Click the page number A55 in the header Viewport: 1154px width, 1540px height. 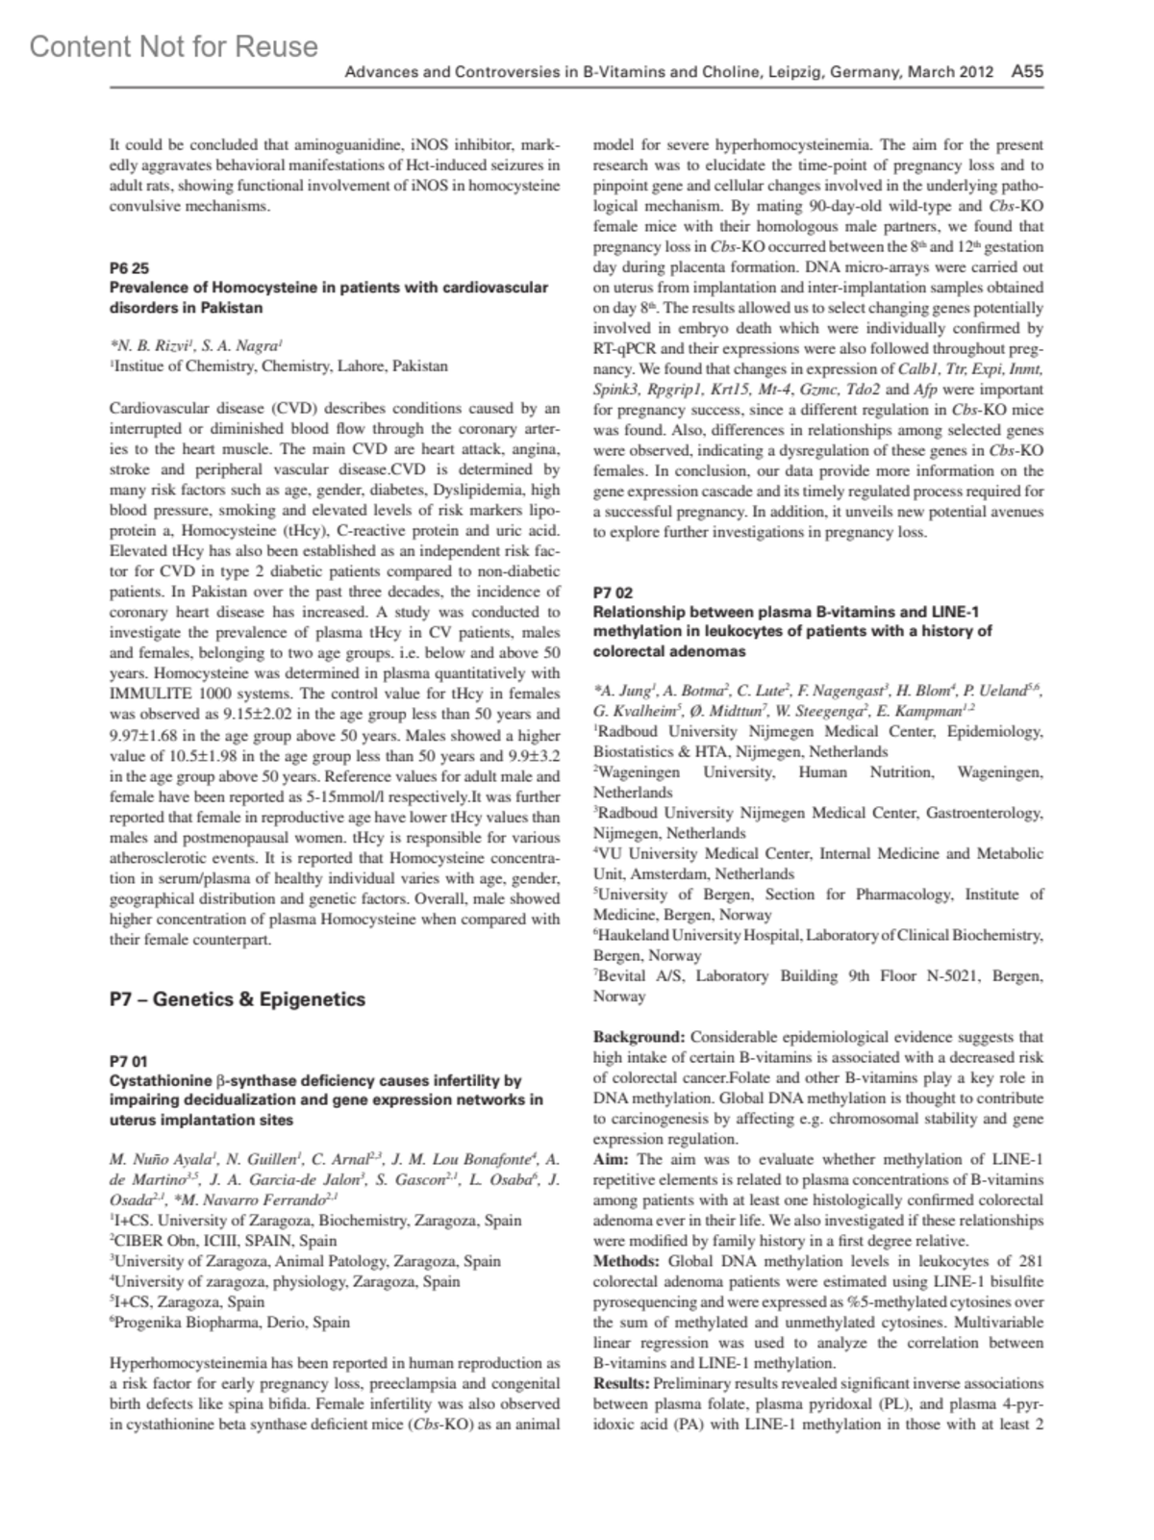[1027, 71]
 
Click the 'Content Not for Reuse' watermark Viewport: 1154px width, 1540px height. [173, 46]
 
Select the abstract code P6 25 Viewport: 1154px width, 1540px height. [129, 267]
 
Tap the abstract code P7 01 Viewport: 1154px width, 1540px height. [129, 1061]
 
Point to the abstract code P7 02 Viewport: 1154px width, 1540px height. [613, 593]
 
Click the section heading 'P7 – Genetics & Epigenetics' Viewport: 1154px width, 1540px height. [238, 999]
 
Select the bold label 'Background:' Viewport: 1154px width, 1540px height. [639, 1037]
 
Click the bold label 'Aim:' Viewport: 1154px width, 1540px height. [612, 1159]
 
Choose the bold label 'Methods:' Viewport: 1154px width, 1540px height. [626, 1261]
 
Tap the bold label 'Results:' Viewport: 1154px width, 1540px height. [621, 1383]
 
